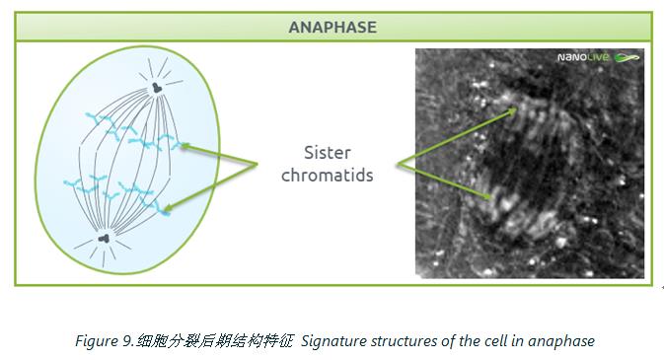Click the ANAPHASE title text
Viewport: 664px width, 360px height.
coord(332,27)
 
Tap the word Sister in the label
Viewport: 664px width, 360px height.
coord(328,153)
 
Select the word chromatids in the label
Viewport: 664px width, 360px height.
coord(328,175)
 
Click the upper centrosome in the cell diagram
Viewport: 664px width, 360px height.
coord(157,88)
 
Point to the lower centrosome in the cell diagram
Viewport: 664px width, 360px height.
coord(105,239)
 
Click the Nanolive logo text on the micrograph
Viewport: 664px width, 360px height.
coord(583,57)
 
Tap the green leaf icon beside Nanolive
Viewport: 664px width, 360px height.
coord(627,57)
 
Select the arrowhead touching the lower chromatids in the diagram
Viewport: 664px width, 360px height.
coord(168,208)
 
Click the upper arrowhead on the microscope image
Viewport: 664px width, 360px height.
coord(513,111)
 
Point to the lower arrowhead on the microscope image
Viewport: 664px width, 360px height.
coord(487,195)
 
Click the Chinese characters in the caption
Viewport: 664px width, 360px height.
coord(215,341)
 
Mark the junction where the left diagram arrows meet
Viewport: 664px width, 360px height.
coord(257,164)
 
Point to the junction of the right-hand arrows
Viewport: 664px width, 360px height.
coord(399,164)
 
